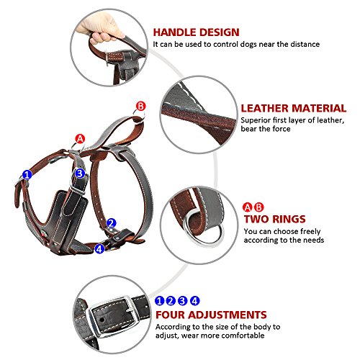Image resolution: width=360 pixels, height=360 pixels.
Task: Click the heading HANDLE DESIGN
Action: [197, 32]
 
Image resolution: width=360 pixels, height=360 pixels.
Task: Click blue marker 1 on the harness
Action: [27, 174]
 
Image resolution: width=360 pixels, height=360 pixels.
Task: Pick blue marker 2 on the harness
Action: [112, 223]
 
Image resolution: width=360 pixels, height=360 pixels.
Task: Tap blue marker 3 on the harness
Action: [80, 173]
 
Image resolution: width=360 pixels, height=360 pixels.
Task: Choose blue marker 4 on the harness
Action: [99, 248]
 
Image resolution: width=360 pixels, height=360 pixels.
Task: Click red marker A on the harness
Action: [81, 138]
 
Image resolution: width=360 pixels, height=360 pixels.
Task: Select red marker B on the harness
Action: [141, 106]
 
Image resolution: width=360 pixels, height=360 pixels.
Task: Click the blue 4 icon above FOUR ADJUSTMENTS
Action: [194, 300]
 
